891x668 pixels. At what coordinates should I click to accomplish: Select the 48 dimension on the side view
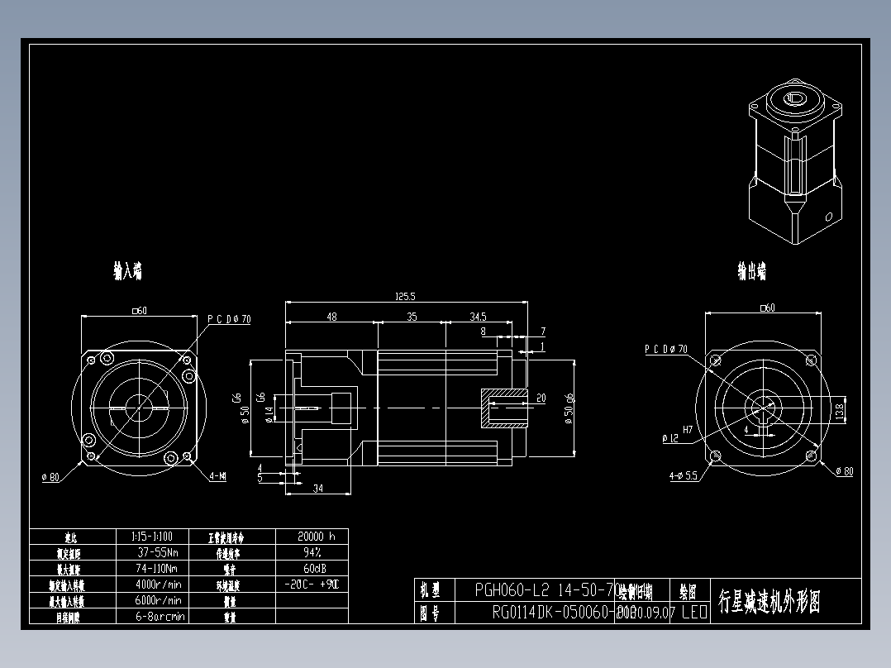[331, 317]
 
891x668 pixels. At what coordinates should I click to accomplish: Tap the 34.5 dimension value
[478, 317]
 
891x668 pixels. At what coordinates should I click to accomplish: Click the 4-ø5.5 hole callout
[684, 475]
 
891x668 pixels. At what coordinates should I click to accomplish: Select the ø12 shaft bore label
[670, 437]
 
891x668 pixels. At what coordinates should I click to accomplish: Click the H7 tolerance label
[687, 429]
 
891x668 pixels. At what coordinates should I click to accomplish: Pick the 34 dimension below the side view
[317, 489]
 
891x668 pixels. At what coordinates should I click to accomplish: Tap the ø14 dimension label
[269, 414]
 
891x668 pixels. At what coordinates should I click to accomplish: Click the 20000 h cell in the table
[311, 536]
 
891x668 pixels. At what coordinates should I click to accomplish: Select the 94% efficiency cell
[311, 551]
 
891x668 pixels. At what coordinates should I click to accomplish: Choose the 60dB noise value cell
[311, 568]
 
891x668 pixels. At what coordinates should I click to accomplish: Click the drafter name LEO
[693, 613]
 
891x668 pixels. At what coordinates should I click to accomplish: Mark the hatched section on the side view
[503, 408]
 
